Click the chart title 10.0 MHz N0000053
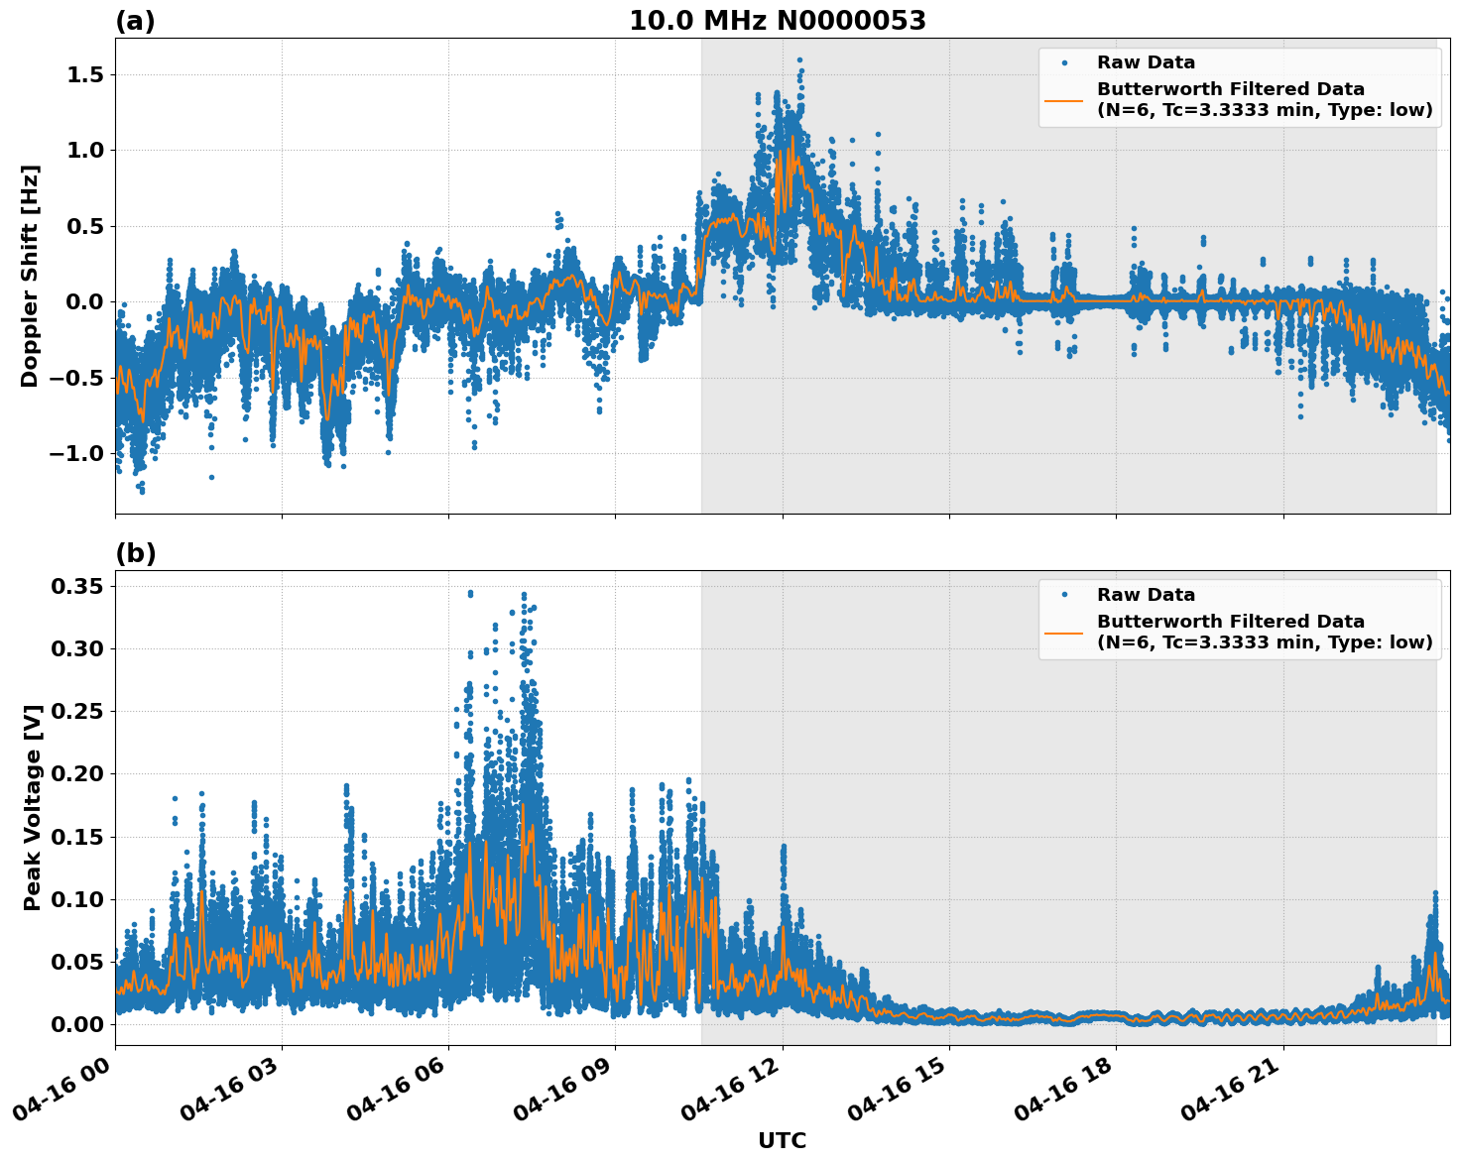(777, 21)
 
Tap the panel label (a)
(135, 21)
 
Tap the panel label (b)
(135, 553)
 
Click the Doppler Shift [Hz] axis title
(30, 276)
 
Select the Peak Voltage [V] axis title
(32, 807)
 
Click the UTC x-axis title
(782, 1140)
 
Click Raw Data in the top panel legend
(1146, 62)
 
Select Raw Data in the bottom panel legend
(1146, 595)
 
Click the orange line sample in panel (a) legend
(1063, 99)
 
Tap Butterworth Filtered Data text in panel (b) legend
(1230, 622)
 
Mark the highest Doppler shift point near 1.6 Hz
(799, 59)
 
